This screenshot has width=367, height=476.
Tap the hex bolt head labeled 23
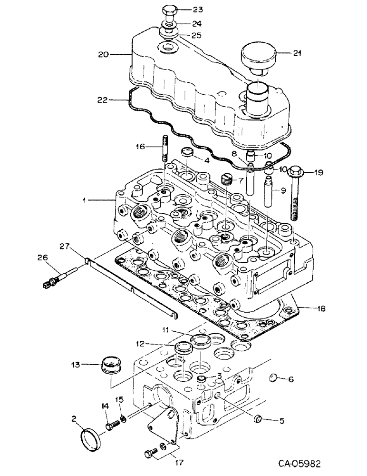169,10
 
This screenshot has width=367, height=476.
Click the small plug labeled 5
260,419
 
